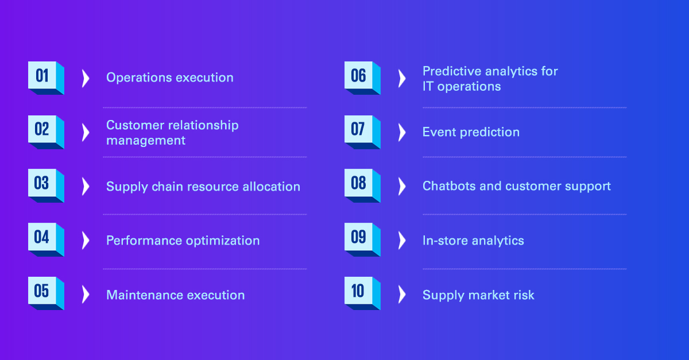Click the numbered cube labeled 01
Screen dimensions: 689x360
46,78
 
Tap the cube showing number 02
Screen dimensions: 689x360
46,132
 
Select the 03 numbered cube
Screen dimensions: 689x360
46,185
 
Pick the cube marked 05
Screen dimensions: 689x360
46,293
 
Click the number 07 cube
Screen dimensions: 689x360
362,132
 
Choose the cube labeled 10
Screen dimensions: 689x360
362,293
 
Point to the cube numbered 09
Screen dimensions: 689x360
362,239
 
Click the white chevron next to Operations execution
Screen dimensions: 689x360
86,79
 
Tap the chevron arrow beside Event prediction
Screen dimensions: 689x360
402,133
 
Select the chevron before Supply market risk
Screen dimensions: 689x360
402,295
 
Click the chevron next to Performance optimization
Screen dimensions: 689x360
86,241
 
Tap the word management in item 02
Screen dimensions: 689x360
146,141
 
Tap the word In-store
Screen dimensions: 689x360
446,241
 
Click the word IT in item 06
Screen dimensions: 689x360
428,87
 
